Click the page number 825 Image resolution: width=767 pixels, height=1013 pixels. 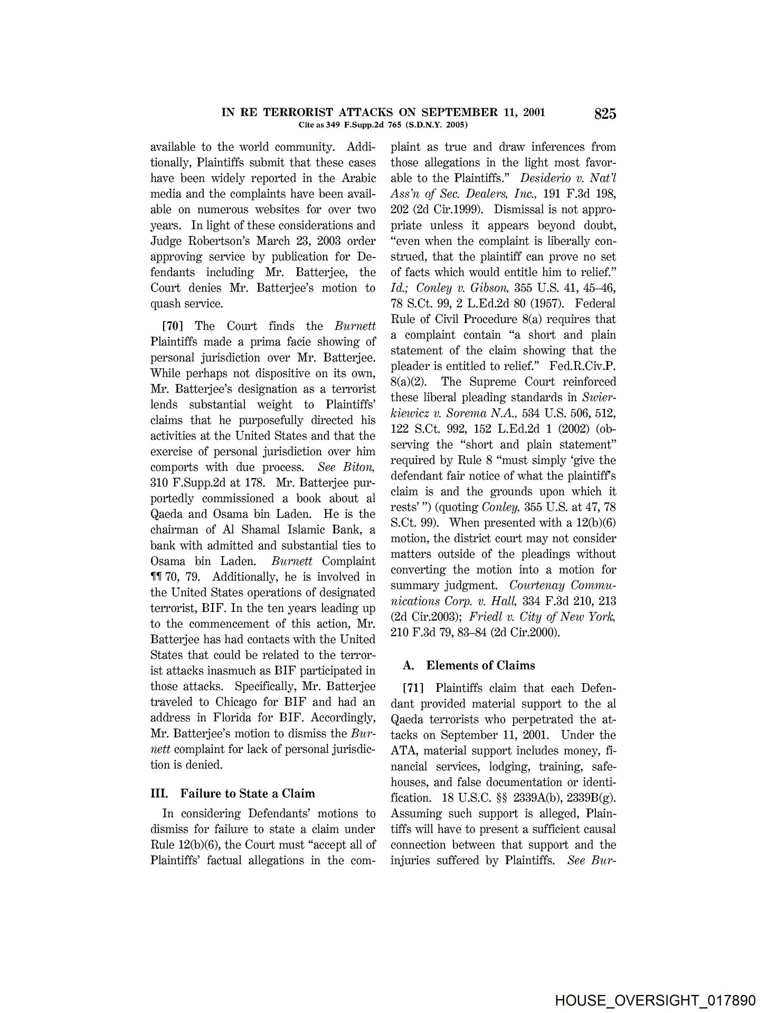(x=605, y=114)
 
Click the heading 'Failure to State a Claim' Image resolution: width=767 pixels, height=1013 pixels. (x=248, y=794)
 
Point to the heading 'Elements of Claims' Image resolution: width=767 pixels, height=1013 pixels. (x=480, y=665)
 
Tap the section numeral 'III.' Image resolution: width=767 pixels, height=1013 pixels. (x=159, y=794)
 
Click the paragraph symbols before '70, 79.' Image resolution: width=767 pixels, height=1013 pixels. (x=158, y=577)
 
